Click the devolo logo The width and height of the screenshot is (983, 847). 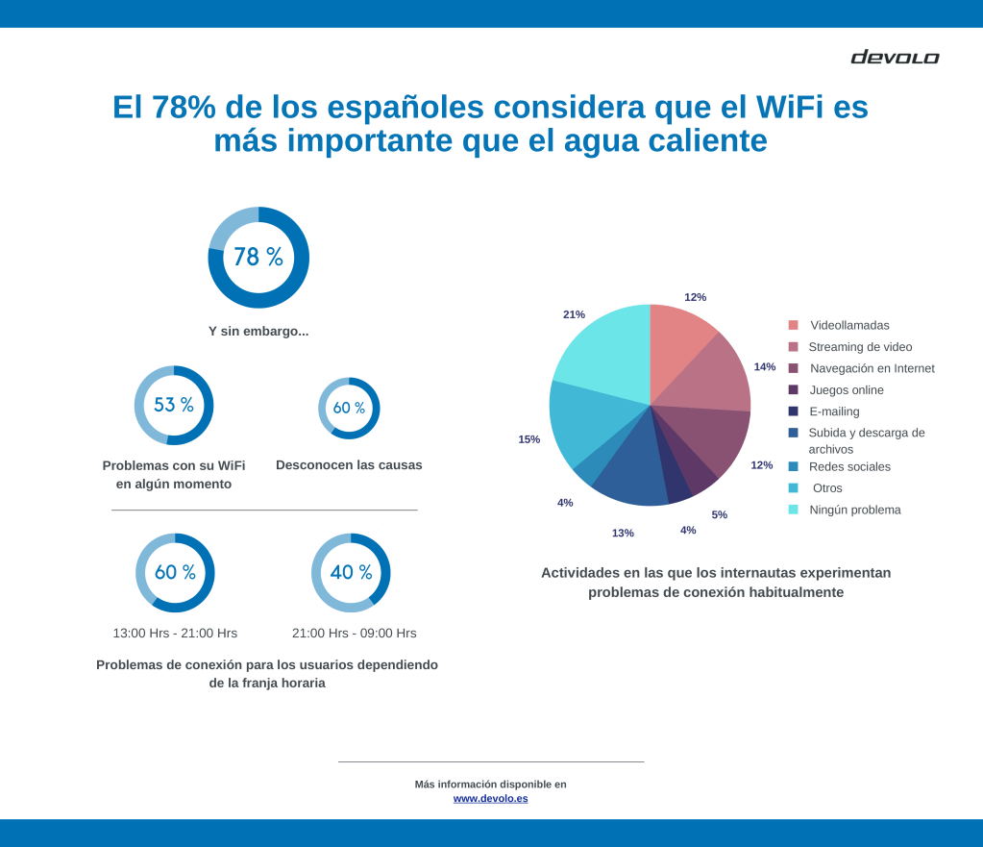click(x=895, y=58)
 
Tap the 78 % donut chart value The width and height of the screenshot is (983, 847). click(x=258, y=257)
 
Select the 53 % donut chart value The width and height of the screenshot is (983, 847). click(x=173, y=405)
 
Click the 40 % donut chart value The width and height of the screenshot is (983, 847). click(x=351, y=572)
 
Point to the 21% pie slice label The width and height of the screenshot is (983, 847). click(x=574, y=314)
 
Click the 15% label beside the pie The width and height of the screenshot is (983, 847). click(x=528, y=439)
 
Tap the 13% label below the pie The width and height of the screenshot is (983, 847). click(x=623, y=533)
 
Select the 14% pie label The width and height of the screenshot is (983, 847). click(x=764, y=366)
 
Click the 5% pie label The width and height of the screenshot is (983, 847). click(x=719, y=514)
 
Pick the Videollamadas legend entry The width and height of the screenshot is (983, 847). click(x=849, y=325)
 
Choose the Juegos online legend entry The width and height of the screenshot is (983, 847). click(x=847, y=390)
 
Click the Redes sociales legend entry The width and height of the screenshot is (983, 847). click(x=849, y=466)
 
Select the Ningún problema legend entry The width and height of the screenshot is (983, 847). click(x=855, y=510)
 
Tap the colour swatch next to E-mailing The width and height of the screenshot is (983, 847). click(x=793, y=411)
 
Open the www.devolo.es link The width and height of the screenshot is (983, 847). click(x=490, y=798)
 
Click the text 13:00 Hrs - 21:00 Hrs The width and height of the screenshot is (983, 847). click(x=175, y=633)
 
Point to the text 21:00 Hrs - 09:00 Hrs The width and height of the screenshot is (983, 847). click(x=354, y=633)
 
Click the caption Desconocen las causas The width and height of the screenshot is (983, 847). click(x=349, y=465)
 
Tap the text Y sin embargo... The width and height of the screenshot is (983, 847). click(x=258, y=331)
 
